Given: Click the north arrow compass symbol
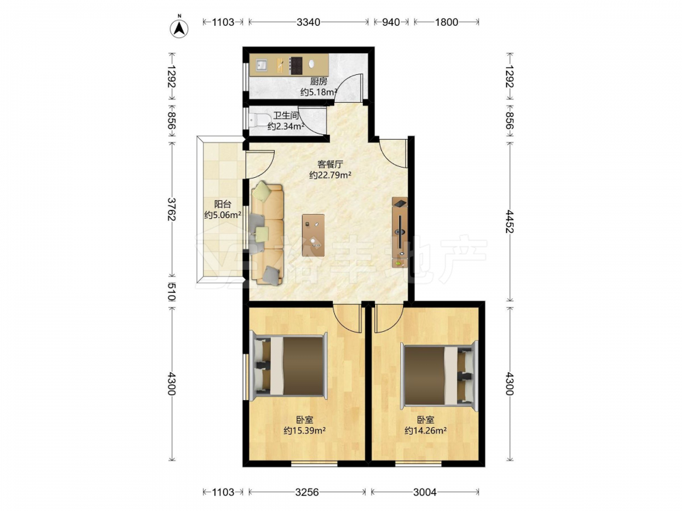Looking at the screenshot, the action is (179, 27).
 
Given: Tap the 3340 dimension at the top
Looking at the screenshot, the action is (308, 22).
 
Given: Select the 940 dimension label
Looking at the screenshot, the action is (391, 22).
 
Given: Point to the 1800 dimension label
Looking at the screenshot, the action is (447, 22).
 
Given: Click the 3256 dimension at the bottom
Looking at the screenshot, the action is (307, 492).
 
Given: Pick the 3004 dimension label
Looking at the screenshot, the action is (425, 492).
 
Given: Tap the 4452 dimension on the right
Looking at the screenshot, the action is (509, 221).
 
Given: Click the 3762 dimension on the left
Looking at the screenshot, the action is (172, 209).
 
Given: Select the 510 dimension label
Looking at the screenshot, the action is (172, 292).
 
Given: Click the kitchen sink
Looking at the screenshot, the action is (262, 65).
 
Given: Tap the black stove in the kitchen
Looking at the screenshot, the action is (297, 65).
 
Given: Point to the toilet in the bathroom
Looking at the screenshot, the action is (258, 119).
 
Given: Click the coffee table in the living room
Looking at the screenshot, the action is (314, 234).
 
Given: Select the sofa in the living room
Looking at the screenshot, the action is (267, 234).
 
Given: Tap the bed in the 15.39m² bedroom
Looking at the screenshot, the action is (288, 366).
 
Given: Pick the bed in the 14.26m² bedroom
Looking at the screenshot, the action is (439, 375).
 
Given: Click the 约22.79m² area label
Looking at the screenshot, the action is (330, 175).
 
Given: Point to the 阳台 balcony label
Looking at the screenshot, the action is (223, 204).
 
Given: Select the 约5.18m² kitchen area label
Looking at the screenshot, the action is (318, 92).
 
